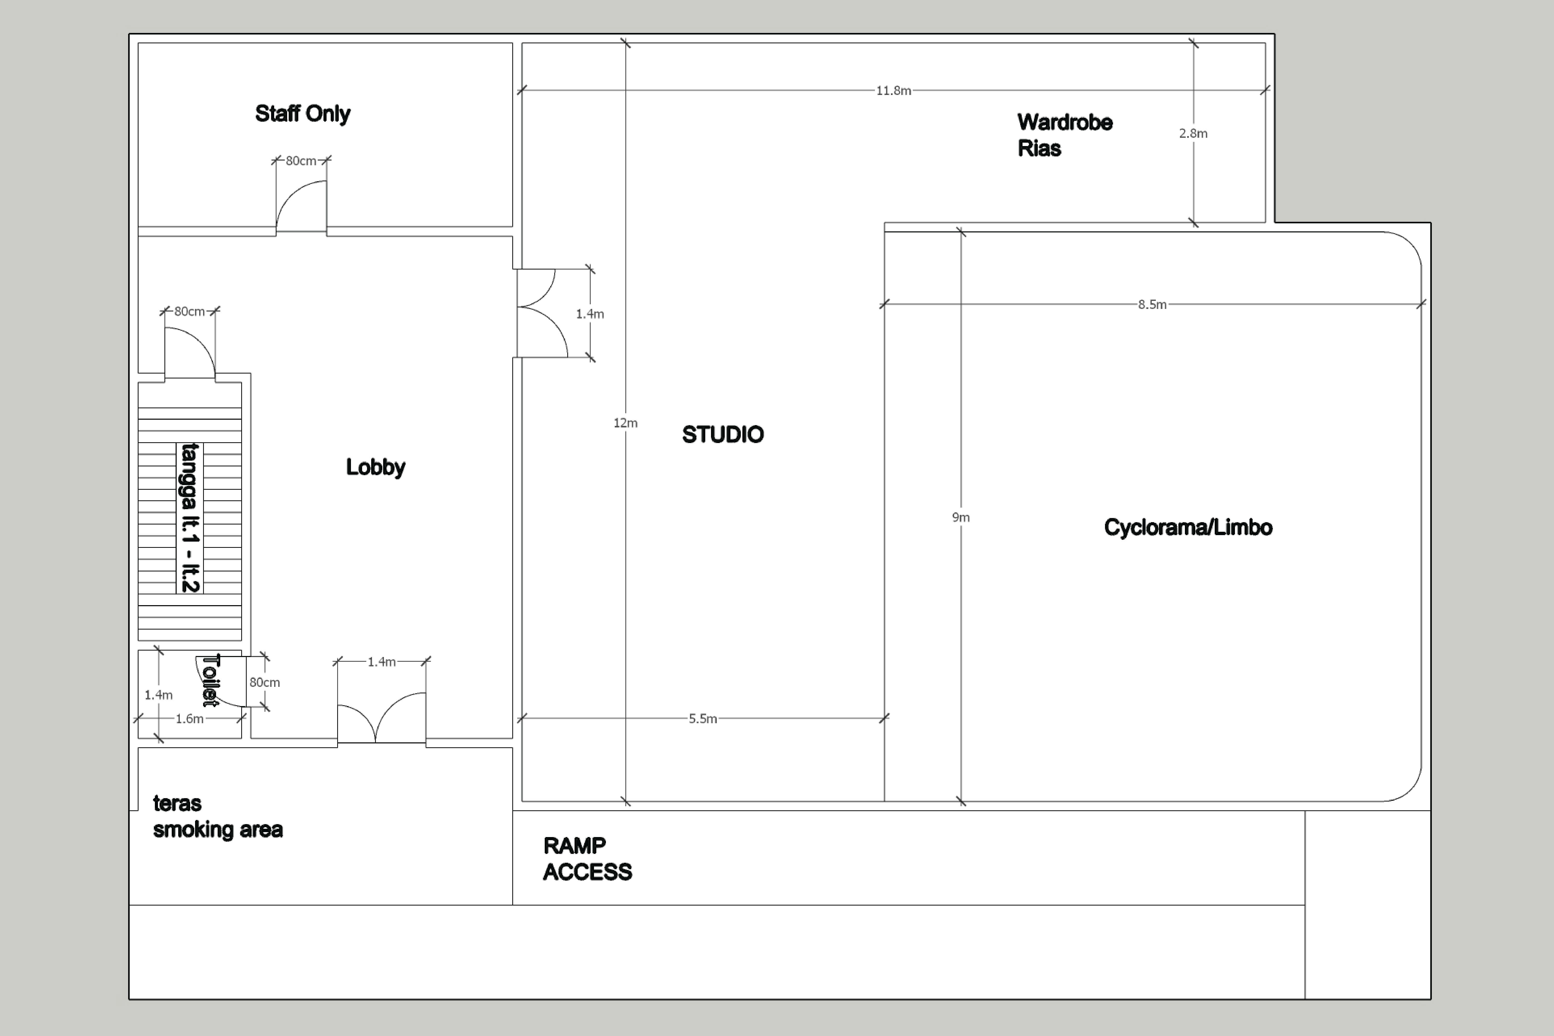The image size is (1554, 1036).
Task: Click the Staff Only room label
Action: [303, 114]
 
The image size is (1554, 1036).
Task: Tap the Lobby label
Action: [375, 467]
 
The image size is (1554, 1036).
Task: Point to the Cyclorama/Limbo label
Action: [1188, 527]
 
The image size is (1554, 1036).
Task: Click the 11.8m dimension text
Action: [893, 91]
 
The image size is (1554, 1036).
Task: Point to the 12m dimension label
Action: [625, 423]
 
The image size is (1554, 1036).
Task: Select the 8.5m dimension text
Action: [1152, 305]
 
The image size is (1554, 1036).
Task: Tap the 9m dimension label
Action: [961, 517]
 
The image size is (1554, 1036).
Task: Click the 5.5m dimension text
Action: [702, 719]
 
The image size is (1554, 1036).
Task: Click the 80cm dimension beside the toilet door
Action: [264, 682]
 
